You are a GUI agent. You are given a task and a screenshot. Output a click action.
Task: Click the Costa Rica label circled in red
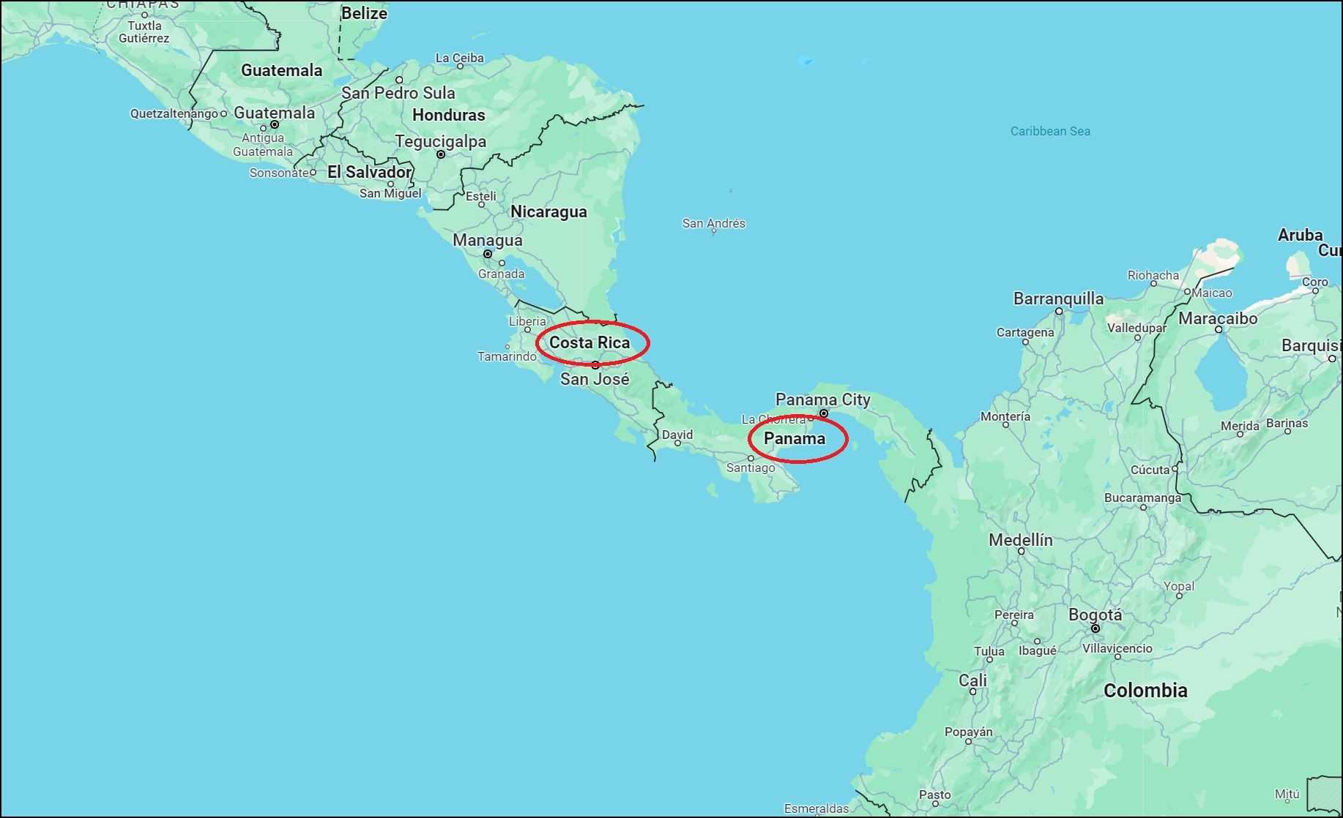(x=589, y=342)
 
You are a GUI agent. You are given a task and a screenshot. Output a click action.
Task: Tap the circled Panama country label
(x=795, y=438)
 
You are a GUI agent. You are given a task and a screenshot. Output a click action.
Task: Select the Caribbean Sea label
(x=1050, y=131)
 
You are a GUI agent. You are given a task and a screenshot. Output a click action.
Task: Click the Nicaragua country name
(x=548, y=211)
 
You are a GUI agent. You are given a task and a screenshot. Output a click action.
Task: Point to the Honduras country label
(x=448, y=115)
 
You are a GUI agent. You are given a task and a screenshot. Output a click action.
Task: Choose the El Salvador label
(x=369, y=172)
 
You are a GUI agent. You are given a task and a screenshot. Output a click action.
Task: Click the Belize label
(x=364, y=13)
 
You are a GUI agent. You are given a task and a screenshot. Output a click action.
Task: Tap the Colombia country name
(x=1145, y=690)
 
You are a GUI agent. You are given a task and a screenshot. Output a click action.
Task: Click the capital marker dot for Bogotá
(x=1095, y=628)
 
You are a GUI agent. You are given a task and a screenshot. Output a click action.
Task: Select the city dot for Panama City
(x=824, y=413)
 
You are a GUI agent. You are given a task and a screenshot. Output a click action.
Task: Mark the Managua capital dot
(x=488, y=254)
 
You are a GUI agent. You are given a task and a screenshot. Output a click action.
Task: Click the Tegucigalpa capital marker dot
(x=441, y=154)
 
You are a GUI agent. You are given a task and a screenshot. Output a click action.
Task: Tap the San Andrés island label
(x=713, y=223)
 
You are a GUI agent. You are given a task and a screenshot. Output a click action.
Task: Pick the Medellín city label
(x=1021, y=540)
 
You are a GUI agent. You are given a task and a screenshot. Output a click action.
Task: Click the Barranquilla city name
(x=1058, y=299)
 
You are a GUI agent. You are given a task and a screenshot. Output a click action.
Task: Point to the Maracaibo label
(x=1218, y=318)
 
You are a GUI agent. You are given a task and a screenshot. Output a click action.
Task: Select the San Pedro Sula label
(x=398, y=93)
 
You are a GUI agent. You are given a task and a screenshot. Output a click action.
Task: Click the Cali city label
(x=972, y=680)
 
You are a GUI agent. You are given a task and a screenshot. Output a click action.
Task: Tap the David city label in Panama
(x=677, y=435)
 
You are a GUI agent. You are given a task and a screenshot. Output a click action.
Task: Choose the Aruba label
(x=1300, y=235)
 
